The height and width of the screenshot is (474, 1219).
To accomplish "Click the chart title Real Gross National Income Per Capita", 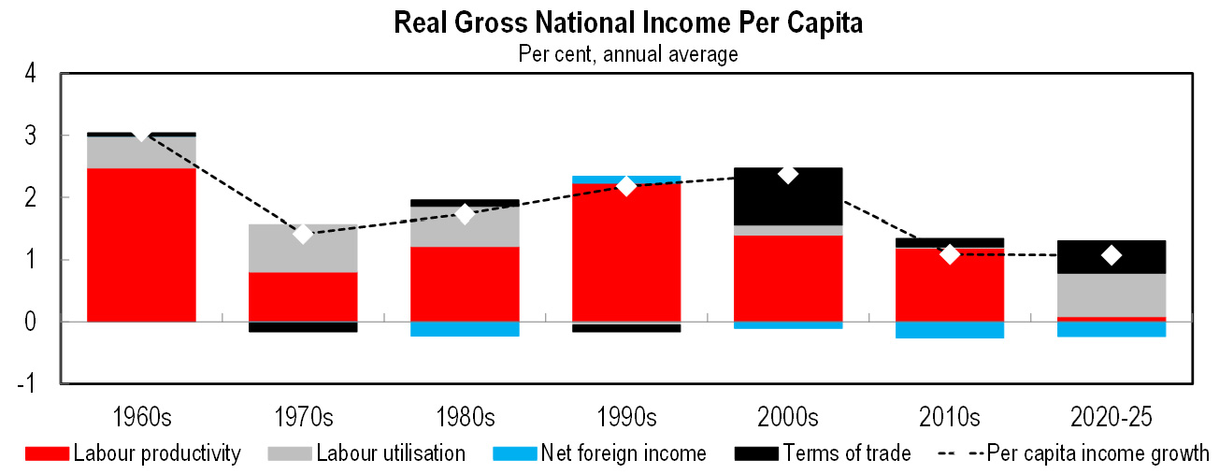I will pyautogui.click(x=628, y=23).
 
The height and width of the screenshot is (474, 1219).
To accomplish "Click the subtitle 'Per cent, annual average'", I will pyautogui.click(x=628, y=54).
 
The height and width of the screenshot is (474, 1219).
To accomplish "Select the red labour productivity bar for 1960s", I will pyautogui.click(x=141, y=244).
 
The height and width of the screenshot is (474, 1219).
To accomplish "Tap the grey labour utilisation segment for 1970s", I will pyautogui.click(x=303, y=248).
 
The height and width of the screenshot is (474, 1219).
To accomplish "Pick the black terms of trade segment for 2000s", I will pyautogui.click(x=788, y=196).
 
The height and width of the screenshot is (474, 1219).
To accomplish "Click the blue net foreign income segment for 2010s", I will pyautogui.click(x=950, y=330).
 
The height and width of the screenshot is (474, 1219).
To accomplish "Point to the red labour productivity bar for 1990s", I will pyautogui.click(x=626, y=252).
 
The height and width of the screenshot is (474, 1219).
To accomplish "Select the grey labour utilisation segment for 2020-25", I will pyautogui.click(x=1111, y=294).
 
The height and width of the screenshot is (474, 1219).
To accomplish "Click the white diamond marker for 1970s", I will pyautogui.click(x=303, y=234).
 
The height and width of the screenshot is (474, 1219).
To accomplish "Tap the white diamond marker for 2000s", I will pyautogui.click(x=788, y=174).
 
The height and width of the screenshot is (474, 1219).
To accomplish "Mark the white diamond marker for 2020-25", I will pyautogui.click(x=1111, y=255).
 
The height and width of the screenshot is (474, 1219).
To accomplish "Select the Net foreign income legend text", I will pyautogui.click(x=624, y=454).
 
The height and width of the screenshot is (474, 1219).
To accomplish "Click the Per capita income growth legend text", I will pyautogui.click(x=1098, y=454).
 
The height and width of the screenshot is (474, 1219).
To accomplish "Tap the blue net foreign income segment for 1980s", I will pyautogui.click(x=465, y=329).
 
